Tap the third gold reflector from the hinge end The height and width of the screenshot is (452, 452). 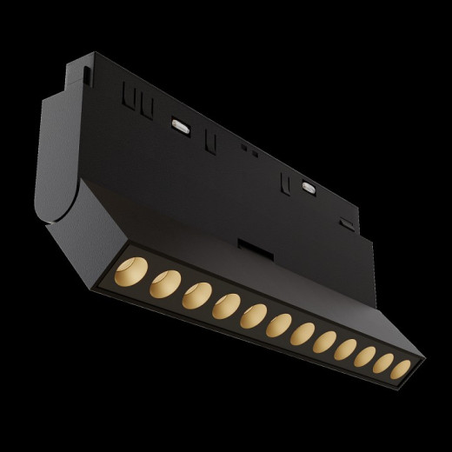[x=196, y=295]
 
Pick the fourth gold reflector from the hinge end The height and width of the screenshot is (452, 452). [x=226, y=305]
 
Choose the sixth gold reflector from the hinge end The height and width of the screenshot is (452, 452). [x=279, y=324]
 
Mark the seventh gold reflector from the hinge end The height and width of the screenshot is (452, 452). [x=302, y=333]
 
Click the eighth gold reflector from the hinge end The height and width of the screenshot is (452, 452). [x=325, y=342]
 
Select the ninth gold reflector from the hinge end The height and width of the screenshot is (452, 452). [x=345, y=349]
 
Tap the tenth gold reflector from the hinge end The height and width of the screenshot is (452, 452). [x=364, y=356]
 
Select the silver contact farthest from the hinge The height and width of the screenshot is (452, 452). [x=309, y=186]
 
